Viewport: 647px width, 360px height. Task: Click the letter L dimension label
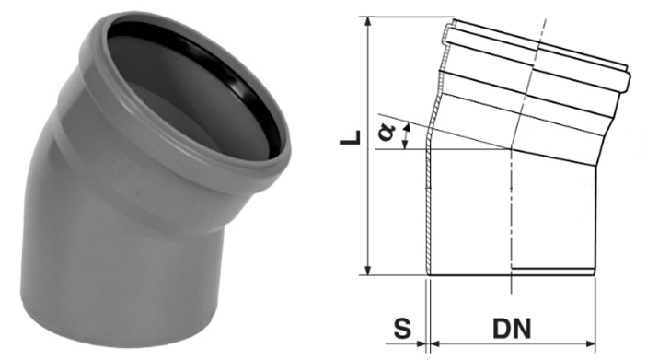(x=351, y=138)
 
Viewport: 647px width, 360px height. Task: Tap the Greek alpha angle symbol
(x=387, y=133)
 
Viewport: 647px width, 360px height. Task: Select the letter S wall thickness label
(x=402, y=329)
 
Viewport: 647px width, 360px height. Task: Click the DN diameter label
(x=512, y=329)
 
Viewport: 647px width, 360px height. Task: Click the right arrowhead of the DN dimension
(x=591, y=343)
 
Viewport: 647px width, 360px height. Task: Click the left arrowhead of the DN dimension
(x=435, y=343)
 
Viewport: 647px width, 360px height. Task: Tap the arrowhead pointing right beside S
(x=421, y=343)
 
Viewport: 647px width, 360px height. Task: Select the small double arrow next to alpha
(x=406, y=136)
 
